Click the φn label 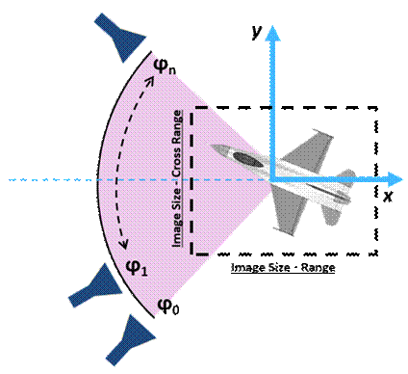pyautogui.click(x=165, y=65)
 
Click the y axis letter pyautogui.click(x=256, y=31)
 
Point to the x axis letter pyautogui.click(x=388, y=195)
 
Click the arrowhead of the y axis pyautogui.click(x=272, y=32)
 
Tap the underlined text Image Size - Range pyautogui.click(x=283, y=267)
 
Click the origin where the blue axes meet pyautogui.click(x=272, y=179)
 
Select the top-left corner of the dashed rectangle pyautogui.click(x=192, y=107)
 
